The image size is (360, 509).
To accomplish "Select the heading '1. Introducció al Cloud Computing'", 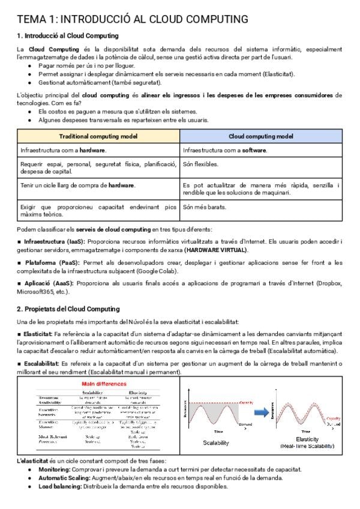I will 67,36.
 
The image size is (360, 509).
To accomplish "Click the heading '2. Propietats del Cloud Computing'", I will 68,309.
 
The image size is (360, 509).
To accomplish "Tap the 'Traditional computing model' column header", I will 98,136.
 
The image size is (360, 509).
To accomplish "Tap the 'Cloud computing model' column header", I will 261,136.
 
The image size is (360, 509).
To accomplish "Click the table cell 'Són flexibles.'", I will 201,164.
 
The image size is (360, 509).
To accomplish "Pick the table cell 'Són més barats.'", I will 204,207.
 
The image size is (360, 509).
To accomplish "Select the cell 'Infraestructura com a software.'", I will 225,149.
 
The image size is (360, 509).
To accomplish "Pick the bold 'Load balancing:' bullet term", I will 61,486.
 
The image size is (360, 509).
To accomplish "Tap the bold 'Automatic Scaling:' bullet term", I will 65,478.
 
